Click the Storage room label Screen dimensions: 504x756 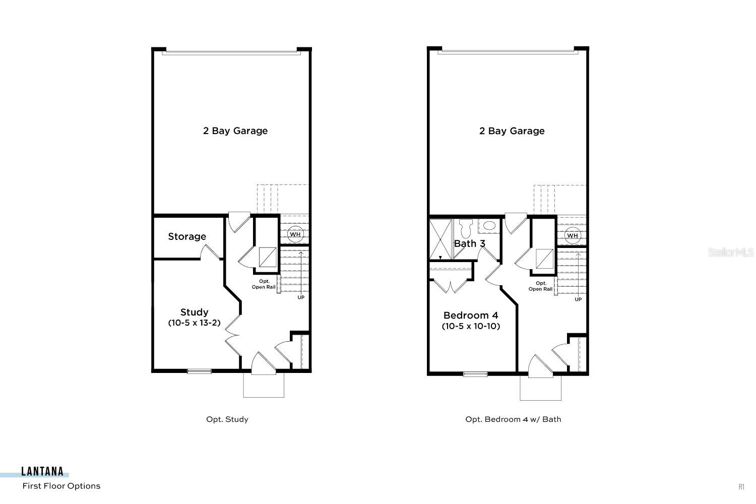[x=187, y=236]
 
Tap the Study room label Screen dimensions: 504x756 [x=194, y=312]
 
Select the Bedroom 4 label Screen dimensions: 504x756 [x=471, y=315]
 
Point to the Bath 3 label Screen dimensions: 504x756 [x=469, y=243]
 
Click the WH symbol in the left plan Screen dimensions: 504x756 [x=295, y=234]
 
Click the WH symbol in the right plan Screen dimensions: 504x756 [x=572, y=235]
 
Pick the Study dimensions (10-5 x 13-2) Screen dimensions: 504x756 [x=194, y=323]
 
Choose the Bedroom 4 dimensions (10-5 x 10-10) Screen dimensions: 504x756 [x=471, y=326]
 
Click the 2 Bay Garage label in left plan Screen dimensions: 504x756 [x=235, y=131]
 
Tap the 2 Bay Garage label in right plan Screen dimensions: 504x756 [x=512, y=131]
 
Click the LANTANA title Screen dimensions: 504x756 [x=42, y=472]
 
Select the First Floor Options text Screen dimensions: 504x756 [x=61, y=486]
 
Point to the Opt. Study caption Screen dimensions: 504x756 [x=227, y=419]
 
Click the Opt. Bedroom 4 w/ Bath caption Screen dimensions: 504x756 [x=513, y=419]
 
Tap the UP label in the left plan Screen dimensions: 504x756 [x=301, y=297]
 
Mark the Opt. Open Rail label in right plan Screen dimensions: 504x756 [x=541, y=286]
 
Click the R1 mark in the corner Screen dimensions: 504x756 [x=741, y=486]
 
